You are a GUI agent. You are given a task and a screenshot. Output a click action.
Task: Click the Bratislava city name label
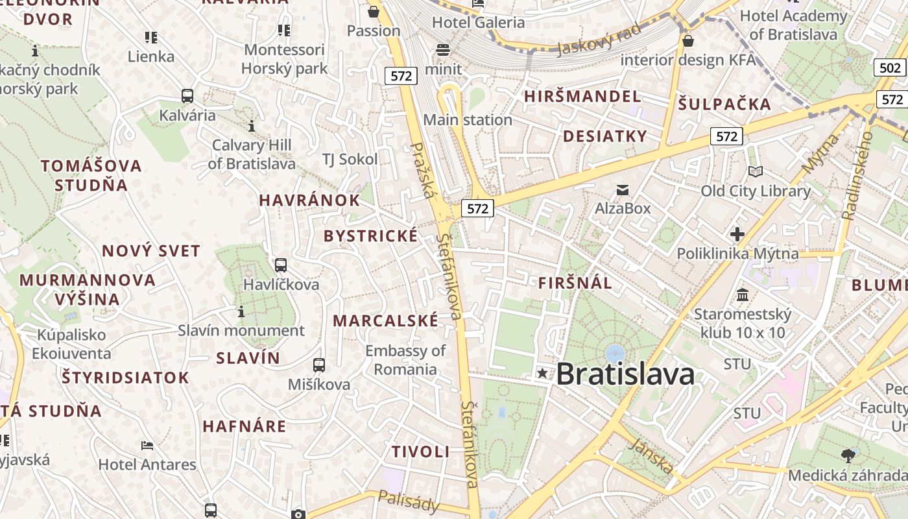coord(625,374)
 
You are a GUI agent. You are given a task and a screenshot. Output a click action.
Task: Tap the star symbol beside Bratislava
coord(542,373)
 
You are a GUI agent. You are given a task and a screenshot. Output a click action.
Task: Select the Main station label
coord(468,120)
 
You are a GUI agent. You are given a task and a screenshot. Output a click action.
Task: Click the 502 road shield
coord(890,68)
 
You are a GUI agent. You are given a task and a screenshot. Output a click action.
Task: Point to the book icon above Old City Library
coord(756,171)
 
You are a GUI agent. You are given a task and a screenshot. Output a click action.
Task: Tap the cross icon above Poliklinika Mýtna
coord(737,234)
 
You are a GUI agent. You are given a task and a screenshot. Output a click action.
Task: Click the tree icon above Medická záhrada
coord(847,455)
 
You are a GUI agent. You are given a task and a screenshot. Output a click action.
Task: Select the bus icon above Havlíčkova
coord(281,265)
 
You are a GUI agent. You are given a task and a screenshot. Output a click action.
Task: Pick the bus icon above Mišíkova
coord(319,365)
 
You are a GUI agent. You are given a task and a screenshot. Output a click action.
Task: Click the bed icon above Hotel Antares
coord(147,445)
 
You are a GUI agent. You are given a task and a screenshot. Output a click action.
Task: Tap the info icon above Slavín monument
coord(241,312)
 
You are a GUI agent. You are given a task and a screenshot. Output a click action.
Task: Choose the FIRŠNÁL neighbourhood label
coord(575,283)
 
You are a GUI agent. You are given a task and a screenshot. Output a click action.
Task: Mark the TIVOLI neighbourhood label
coord(420,452)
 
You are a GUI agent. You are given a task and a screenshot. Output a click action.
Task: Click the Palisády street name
coord(409,501)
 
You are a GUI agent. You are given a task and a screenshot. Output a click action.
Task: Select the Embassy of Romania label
coord(405,360)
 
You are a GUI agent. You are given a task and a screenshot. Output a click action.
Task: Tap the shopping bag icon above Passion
coord(374,12)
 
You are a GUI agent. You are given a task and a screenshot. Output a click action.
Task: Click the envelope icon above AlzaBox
coord(623,189)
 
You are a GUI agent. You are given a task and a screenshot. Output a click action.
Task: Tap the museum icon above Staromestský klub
coord(743,296)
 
